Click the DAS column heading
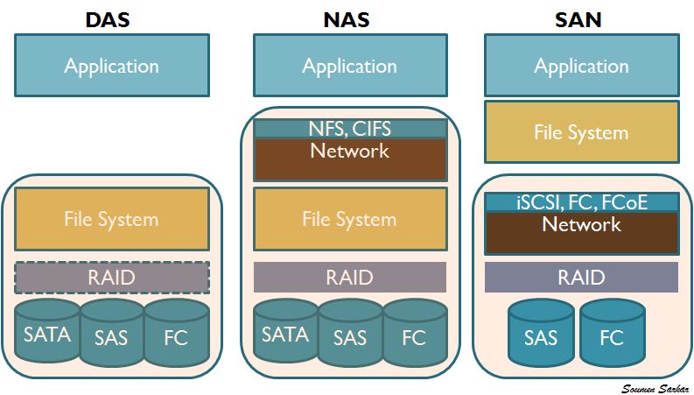coord(109,18)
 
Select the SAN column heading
coord(578,18)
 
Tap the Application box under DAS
coord(112,66)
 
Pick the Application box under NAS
coord(350,66)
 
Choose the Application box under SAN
coord(581,66)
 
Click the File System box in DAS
coord(112,218)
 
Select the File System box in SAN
coord(581,132)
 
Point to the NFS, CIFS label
coord(350,129)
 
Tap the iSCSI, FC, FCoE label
coord(581,202)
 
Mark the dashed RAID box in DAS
coord(112,278)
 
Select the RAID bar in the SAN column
coord(581,278)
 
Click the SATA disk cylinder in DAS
coord(47,334)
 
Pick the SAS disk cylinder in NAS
coord(350,337)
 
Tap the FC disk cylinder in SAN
coord(613,337)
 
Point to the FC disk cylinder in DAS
coord(176,337)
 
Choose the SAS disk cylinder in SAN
coord(541,337)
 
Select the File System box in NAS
coord(350,218)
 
